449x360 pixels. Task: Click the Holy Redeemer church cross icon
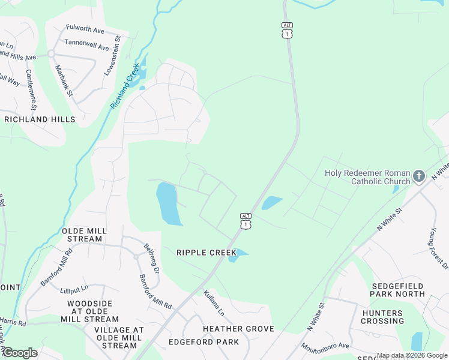[418, 176]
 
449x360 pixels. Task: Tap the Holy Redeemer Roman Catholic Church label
[367, 177]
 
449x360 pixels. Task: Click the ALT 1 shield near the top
[288, 31]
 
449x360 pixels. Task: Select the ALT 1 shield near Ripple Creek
[245, 220]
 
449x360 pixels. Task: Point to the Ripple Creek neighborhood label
[206, 253]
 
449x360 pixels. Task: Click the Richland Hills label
[40, 119]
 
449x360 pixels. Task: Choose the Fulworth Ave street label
[85, 30]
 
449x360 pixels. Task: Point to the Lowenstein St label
[112, 55]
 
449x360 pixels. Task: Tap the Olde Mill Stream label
[85, 235]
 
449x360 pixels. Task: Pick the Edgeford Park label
[203, 342]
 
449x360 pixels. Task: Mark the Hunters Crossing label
[382, 317]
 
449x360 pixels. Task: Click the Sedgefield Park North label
[398, 290]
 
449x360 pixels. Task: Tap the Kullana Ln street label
[214, 303]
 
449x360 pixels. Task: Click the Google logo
[20, 352]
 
